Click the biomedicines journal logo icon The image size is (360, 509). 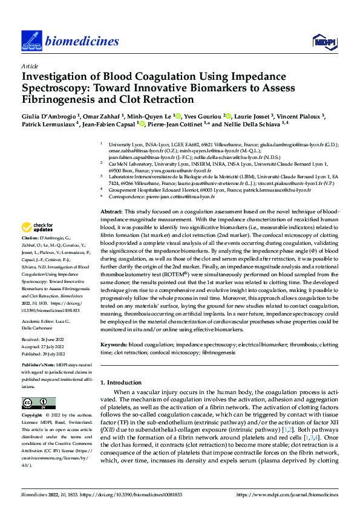click(30, 41)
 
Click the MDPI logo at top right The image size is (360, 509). click(322, 41)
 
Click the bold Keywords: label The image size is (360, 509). click(114, 343)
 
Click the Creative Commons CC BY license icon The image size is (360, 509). click(39, 403)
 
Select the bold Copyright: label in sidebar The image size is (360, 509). click(33, 416)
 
